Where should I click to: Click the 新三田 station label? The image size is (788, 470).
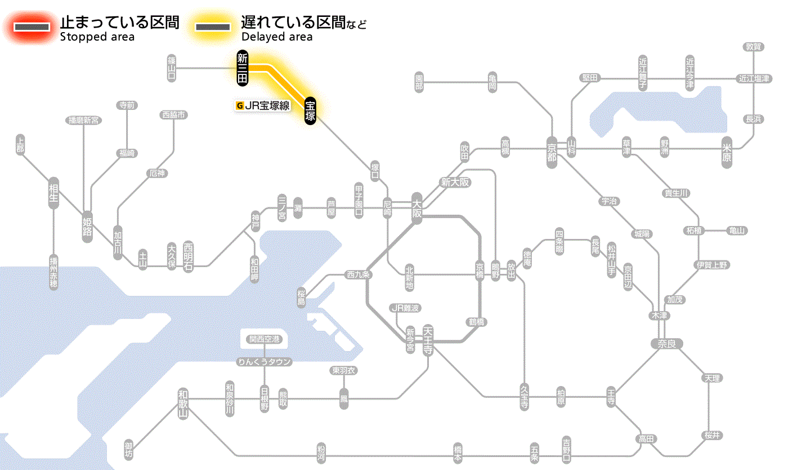point(243,68)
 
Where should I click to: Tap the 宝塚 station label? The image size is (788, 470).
point(310,110)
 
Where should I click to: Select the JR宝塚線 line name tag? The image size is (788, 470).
point(263,105)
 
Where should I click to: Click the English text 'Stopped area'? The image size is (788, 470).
point(97,37)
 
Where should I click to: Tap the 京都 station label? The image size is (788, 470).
point(552,150)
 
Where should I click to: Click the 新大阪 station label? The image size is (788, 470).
point(455,183)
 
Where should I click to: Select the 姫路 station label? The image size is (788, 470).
point(87,225)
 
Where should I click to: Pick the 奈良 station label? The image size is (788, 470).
point(666,343)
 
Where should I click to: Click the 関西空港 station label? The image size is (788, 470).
point(265,339)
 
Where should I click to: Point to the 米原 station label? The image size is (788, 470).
point(728,153)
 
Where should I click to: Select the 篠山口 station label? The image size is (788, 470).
point(172,68)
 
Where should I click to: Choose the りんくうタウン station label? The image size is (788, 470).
point(265,362)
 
